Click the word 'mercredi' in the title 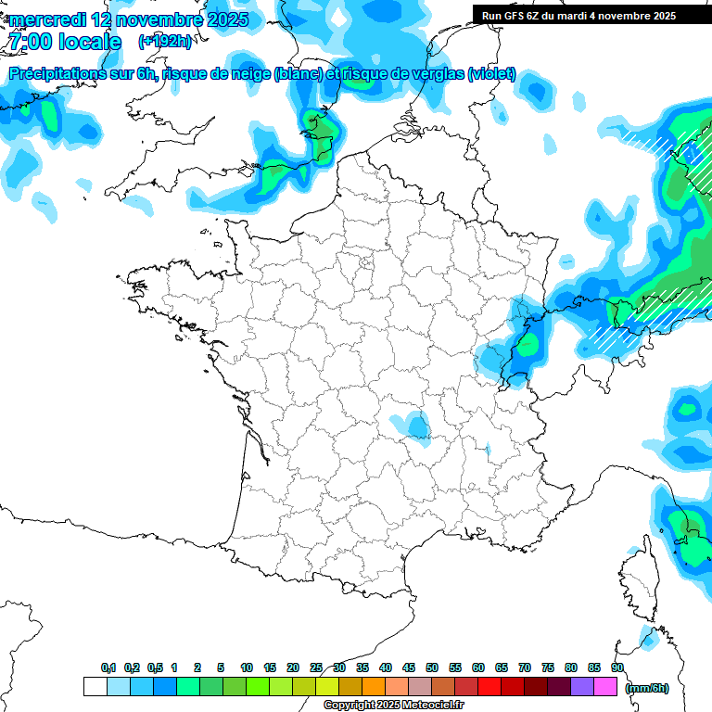(x=47, y=19)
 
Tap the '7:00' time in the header (x=28, y=42)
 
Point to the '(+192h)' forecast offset (x=164, y=42)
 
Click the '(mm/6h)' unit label (x=647, y=688)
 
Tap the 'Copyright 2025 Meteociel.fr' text (x=394, y=706)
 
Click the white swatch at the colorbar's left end (x=95, y=687)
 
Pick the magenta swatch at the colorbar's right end (x=605, y=687)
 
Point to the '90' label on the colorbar (x=617, y=668)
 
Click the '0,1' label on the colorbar (x=108, y=668)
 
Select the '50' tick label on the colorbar (x=432, y=668)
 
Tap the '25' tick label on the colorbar (x=316, y=668)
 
